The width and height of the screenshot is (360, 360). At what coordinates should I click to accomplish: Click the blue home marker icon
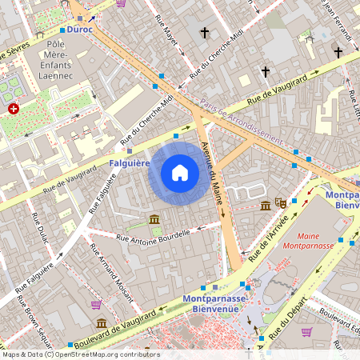(180, 172)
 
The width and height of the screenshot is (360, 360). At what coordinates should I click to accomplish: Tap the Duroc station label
(80, 29)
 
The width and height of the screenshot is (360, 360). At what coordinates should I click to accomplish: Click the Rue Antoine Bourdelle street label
(154, 236)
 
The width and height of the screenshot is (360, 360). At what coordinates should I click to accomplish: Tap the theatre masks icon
(281, 204)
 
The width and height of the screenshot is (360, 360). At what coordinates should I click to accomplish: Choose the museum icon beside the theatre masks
(266, 206)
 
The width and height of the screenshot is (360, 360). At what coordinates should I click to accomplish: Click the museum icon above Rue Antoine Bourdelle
(154, 219)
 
